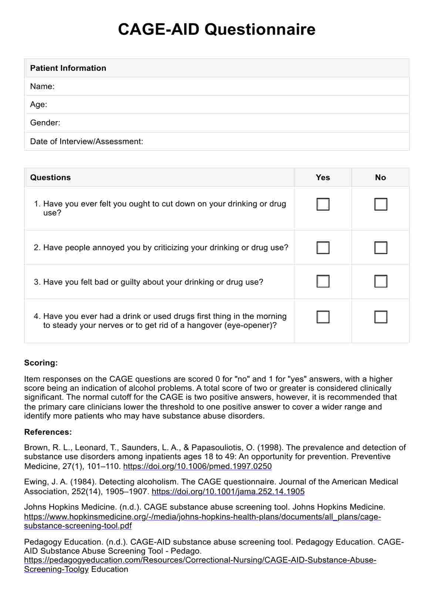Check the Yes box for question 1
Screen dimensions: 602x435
click(323, 204)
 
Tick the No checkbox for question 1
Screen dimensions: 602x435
click(381, 204)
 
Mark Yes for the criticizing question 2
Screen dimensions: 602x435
click(323, 247)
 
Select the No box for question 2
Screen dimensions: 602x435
click(381, 247)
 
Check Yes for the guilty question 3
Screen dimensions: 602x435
click(323, 281)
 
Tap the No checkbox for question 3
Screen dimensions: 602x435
click(381, 281)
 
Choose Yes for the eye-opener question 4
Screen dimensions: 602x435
click(323, 317)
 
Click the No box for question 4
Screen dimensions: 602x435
click(381, 317)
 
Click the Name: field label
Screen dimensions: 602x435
click(42, 86)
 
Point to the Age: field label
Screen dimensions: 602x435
click(38, 105)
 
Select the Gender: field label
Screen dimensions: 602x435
click(45, 123)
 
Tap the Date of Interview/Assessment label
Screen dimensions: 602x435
click(87, 141)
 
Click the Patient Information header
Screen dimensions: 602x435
click(68, 68)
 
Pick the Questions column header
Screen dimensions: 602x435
click(50, 177)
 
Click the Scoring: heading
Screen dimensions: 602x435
click(41, 363)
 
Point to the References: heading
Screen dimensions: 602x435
click(48, 432)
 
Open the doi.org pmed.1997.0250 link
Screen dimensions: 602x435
click(197, 466)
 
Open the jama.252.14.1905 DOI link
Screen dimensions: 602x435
click(228, 492)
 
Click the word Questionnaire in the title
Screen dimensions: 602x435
click(260, 29)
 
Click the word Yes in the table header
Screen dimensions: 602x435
click(323, 177)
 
